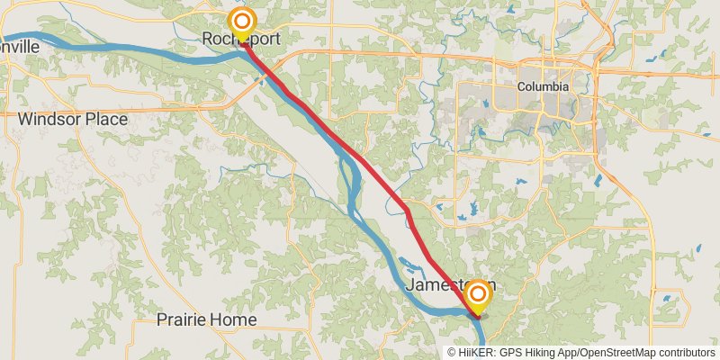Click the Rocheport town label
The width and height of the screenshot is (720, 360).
pyautogui.click(x=241, y=40)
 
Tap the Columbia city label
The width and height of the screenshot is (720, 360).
pyautogui.click(x=543, y=87)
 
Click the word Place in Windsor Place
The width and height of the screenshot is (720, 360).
pyautogui.click(x=104, y=119)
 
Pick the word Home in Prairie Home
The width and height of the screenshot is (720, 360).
pyautogui.click(x=235, y=319)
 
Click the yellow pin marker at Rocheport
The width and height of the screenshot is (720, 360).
pyautogui.click(x=241, y=22)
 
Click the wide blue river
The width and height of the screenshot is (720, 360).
pyautogui.click(x=135, y=56)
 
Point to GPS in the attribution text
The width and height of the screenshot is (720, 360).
pyautogui.click(x=509, y=353)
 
